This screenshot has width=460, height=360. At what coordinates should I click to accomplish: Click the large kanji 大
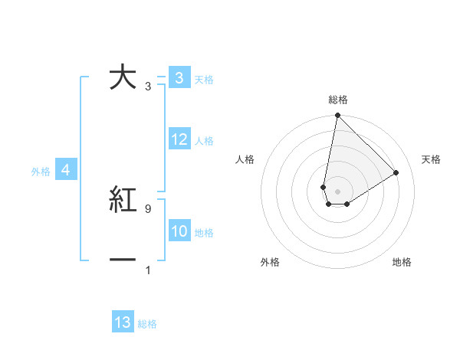click(x=123, y=78)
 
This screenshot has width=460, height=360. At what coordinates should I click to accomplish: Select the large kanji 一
click(x=123, y=260)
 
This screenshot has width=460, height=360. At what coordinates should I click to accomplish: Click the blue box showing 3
click(x=179, y=78)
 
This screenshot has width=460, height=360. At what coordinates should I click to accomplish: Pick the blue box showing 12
click(x=179, y=139)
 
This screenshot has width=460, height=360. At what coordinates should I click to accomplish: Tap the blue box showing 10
click(x=179, y=231)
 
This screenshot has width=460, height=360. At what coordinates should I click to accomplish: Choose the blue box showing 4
click(x=66, y=170)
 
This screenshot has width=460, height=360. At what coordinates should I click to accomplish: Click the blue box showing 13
click(x=123, y=323)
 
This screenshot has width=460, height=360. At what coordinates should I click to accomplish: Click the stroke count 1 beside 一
click(x=148, y=270)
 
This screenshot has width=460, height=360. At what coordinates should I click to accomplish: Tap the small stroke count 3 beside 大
click(x=148, y=87)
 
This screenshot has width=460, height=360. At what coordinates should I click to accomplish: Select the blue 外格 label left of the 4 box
click(x=41, y=172)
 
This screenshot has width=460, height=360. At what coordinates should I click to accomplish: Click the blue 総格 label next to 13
click(x=147, y=324)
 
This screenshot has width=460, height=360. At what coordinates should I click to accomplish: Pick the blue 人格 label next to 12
click(x=204, y=141)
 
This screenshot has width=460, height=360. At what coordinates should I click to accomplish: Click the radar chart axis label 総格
click(x=338, y=100)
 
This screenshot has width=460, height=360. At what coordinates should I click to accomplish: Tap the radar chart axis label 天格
click(x=432, y=159)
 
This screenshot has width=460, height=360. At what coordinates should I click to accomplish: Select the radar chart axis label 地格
click(x=402, y=262)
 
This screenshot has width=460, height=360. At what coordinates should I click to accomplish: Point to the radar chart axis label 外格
click(x=270, y=262)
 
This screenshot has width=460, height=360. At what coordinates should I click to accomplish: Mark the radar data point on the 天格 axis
click(x=396, y=172)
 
